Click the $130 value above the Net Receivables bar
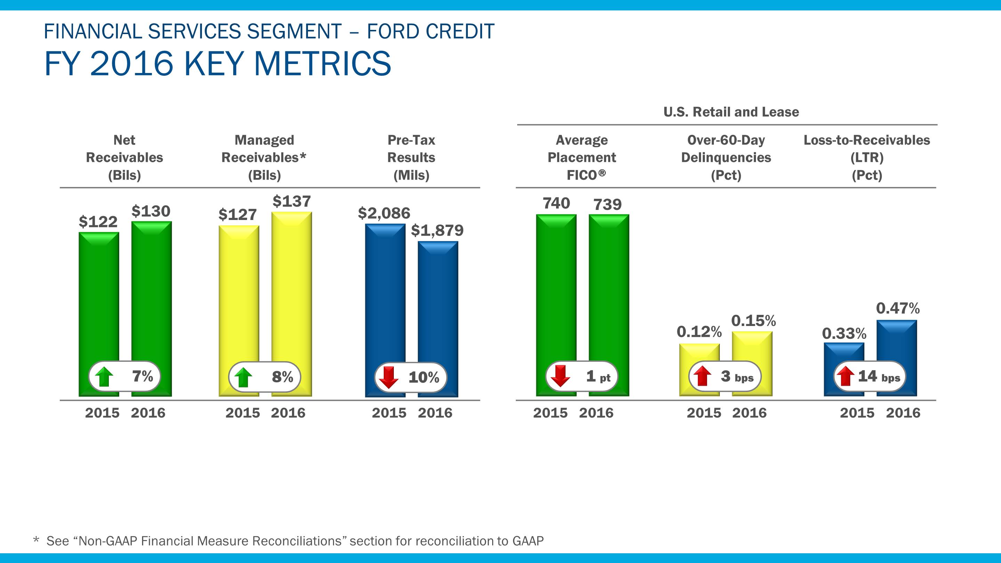tap(151, 211)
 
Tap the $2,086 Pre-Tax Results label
tap(384, 213)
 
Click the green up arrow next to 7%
tap(104, 377)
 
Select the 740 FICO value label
tap(556, 203)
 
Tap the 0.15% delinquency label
tap(753, 321)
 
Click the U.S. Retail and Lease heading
tap(731, 112)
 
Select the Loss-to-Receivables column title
tap(866, 157)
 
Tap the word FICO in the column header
tap(582, 175)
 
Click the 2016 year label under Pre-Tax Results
tap(435, 413)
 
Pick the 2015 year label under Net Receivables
tap(102, 413)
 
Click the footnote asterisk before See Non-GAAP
tap(36, 540)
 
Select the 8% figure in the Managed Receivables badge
tap(283, 376)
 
